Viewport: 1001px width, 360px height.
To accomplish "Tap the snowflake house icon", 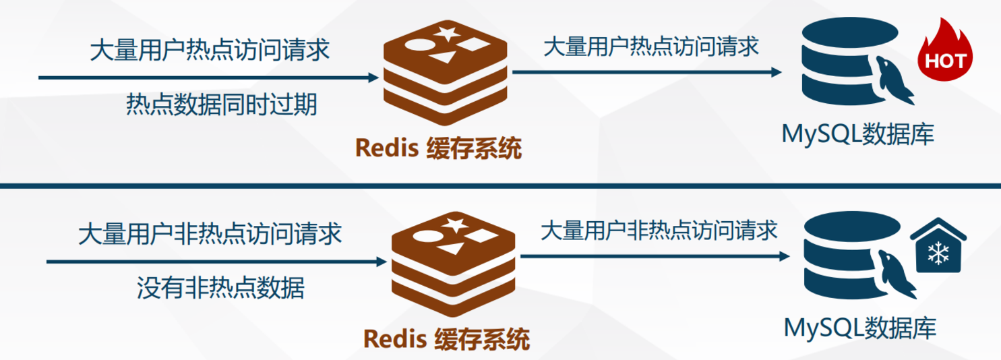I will point(938,248).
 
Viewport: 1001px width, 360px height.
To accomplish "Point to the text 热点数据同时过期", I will point(222,104).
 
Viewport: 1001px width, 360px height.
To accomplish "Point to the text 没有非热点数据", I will point(220,288).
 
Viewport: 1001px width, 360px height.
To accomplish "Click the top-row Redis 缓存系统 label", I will point(439,148).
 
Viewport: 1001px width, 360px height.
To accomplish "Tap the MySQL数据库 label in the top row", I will point(857,134).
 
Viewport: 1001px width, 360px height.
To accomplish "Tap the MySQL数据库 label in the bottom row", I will point(860,328).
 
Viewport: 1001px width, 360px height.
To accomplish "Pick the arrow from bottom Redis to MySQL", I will point(654,256).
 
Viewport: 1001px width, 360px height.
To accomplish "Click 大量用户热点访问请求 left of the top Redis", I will point(210,51).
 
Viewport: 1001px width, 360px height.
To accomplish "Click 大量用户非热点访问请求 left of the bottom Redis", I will point(210,234).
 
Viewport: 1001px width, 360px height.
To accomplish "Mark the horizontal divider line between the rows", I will point(500,185).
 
